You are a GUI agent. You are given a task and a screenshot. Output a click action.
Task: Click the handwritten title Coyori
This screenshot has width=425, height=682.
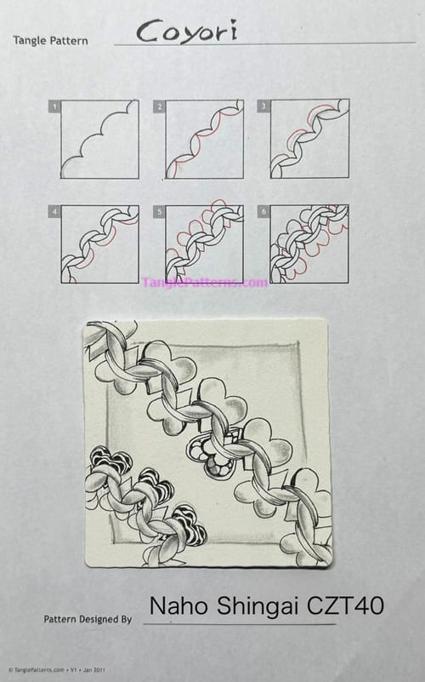(187, 32)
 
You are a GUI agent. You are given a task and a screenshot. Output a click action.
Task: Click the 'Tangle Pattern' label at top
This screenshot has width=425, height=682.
(50, 41)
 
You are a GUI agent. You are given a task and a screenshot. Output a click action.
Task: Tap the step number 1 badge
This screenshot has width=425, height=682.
(55, 106)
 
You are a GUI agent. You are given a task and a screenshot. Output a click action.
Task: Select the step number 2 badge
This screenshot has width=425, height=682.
(159, 106)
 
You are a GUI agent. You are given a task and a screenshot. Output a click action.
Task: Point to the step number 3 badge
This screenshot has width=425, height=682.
(264, 106)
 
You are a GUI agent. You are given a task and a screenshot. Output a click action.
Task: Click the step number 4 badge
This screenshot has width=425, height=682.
(55, 210)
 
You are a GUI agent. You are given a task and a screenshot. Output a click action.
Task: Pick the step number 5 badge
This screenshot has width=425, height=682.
(159, 210)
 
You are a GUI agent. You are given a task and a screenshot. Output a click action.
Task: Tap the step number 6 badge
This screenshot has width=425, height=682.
(264, 210)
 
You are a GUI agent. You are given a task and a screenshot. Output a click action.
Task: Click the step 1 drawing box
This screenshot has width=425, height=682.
(100, 139)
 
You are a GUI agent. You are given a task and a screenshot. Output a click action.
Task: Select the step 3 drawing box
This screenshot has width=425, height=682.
(309, 139)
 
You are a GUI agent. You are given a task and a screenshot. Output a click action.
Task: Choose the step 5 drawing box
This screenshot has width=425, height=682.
(205, 244)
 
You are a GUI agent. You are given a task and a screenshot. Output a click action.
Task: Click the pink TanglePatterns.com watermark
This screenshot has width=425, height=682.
(205, 282)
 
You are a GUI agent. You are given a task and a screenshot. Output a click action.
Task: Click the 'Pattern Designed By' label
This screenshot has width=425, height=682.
(88, 619)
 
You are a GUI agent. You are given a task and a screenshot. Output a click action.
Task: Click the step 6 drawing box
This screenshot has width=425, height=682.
(309, 244)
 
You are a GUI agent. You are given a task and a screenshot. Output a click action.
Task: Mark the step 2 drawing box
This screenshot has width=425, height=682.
(205, 139)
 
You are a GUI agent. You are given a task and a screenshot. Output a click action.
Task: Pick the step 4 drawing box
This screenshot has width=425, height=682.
(100, 244)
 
